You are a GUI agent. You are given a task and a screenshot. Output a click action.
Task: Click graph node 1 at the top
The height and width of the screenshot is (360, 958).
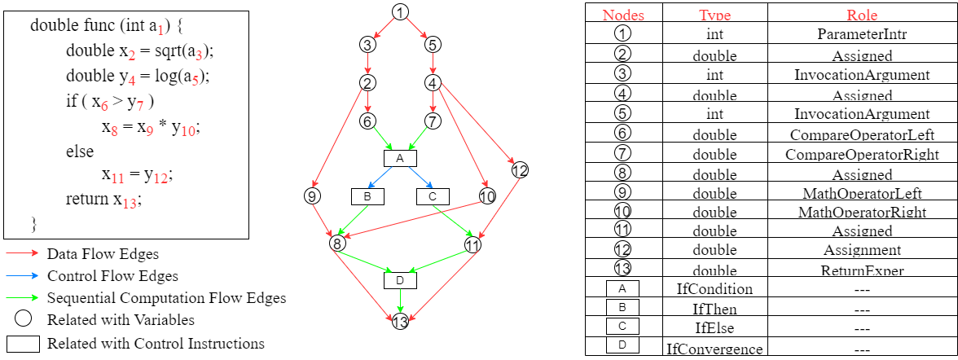tap(399, 11)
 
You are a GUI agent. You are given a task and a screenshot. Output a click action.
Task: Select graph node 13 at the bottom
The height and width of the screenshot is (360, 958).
tap(400, 323)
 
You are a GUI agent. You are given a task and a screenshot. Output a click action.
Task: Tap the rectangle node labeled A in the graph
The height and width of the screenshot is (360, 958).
tap(400, 158)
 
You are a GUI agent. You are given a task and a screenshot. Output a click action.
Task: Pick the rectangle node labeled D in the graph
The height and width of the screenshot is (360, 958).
tap(400, 280)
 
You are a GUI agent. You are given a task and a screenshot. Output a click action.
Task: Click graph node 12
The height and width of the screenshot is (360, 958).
tap(520, 170)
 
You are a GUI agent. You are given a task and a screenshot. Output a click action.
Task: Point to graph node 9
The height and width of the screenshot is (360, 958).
tap(311, 196)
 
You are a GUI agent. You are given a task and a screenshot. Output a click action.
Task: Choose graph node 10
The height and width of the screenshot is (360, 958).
tap(487, 196)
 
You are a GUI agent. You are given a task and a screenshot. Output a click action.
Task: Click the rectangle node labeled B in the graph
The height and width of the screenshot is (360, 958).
tap(367, 196)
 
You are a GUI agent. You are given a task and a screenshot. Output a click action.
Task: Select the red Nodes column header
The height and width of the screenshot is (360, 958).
tap(623, 15)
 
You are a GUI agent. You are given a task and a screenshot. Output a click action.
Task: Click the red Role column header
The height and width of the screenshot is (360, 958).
tap(862, 15)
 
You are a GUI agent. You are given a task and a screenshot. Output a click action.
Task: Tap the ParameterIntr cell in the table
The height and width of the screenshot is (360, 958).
tap(862, 35)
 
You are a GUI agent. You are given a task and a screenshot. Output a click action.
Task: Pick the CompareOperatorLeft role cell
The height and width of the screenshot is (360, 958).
tap(862, 134)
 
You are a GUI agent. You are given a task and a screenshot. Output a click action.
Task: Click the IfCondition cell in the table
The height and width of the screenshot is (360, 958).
tap(714, 289)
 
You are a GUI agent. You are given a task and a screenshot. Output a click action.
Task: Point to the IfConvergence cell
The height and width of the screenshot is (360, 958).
tap(714, 349)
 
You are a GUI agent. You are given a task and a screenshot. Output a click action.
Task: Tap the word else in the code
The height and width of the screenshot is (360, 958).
tap(80, 151)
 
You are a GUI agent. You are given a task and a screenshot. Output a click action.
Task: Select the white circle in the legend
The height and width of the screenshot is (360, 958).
tap(23, 318)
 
